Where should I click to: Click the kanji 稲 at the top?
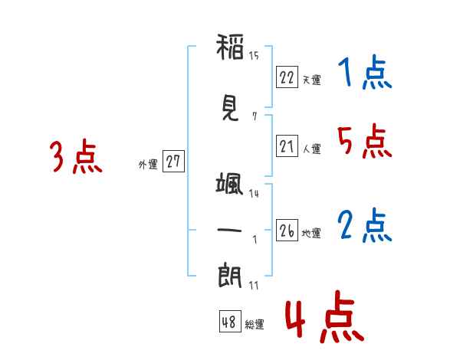(x=230, y=47)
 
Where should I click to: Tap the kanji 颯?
(x=230, y=183)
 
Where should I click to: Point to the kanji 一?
(x=229, y=230)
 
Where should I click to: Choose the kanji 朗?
(x=230, y=276)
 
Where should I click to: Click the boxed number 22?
(x=287, y=77)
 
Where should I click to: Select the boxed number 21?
(x=287, y=146)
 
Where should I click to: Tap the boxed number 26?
(x=287, y=230)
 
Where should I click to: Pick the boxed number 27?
(x=173, y=161)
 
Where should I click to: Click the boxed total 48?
(x=230, y=321)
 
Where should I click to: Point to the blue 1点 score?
(x=365, y=72)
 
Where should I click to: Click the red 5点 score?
(x=365, y=141)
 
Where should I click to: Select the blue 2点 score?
(x=365, y=225)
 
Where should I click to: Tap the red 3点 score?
(x=76, y=156)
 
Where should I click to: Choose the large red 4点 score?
(x=324, y=316)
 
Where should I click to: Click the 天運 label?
(x=312, y=80)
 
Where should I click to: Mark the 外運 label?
(x=148, y=164)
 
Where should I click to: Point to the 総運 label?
(x=255, y=325)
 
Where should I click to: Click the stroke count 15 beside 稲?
(x=254, y=55)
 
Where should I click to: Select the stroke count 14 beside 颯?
(x=254, y=194)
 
